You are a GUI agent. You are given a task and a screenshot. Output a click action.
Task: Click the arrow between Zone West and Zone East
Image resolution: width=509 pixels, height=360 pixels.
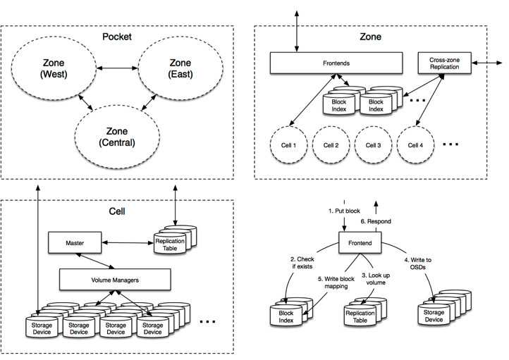[117, 68]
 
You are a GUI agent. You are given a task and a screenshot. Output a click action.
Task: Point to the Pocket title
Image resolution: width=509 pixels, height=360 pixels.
[117, 37]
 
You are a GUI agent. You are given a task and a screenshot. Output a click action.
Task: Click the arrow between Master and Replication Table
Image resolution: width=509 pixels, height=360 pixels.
[128, 242]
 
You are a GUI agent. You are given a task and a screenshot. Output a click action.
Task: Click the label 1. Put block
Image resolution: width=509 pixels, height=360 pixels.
[344, 211]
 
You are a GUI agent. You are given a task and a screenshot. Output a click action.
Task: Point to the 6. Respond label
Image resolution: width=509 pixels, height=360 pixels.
[376, 221]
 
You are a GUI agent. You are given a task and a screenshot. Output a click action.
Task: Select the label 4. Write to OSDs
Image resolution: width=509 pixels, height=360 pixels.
[418, 263]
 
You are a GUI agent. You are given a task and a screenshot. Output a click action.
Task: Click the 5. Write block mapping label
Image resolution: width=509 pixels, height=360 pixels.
[336, 283]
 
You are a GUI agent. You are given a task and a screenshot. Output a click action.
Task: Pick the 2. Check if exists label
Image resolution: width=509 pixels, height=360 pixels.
[302, 263]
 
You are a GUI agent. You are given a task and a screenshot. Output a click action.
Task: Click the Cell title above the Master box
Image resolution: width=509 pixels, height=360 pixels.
[117, 211]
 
